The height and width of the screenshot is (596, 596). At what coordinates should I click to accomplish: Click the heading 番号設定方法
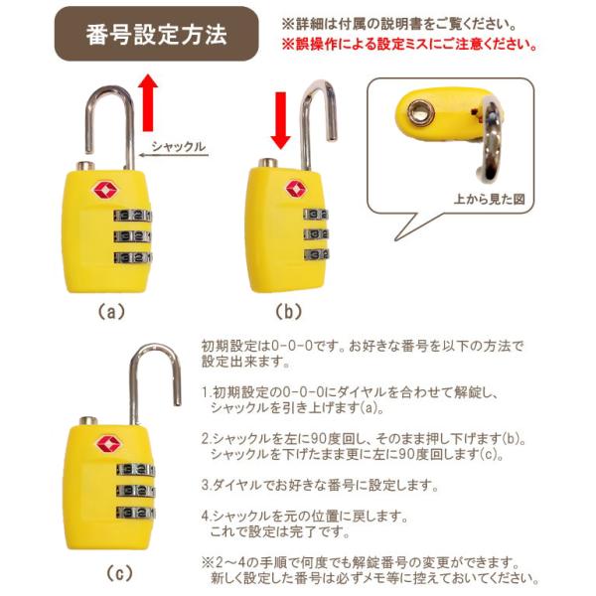[156, 35]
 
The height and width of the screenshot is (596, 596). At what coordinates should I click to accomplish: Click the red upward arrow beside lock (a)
[147, 102]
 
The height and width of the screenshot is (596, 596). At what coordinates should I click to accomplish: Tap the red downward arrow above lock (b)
[280, 120]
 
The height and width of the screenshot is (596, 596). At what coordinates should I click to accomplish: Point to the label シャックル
[178, 146]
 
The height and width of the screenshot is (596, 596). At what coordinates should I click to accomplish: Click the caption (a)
[111, 312]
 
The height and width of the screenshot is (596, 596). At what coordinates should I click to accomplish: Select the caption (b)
[288, 312]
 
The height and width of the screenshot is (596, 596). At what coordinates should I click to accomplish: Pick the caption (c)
[119, 573]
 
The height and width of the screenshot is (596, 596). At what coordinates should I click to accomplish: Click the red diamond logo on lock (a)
[105, 190]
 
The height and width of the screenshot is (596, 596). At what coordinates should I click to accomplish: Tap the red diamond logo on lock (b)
[295, 189]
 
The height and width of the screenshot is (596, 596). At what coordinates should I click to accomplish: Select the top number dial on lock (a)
[133, 216]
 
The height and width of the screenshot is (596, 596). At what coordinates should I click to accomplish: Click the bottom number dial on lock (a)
[133, 257]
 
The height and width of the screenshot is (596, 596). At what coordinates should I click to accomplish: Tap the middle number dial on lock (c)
[136, 491]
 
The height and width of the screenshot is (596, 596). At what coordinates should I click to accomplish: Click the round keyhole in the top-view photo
[421, 111]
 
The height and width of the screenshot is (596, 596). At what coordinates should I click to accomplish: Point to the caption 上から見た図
[489, 199]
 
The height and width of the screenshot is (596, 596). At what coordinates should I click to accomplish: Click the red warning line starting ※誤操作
[409, 45]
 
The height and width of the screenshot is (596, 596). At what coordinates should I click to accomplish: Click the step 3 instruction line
[320, 485]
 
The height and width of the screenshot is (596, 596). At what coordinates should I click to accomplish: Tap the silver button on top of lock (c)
[88, 421]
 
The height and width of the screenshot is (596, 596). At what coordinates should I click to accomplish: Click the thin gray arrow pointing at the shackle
[174, 155]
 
